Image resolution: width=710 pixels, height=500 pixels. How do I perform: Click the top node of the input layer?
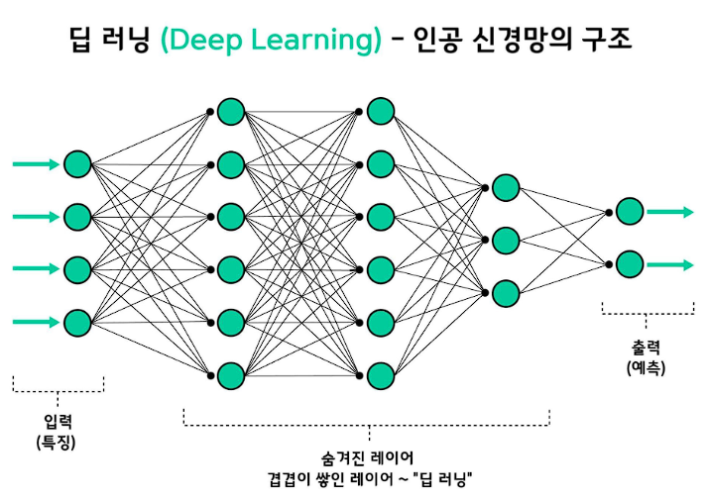pyautogui.click(x=77, y=163)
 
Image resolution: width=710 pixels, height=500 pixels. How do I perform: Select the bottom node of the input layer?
pyautogui.click(x=77, y=322)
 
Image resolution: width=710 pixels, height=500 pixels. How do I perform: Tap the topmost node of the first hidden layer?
pyautogui.click(x=231, y=110)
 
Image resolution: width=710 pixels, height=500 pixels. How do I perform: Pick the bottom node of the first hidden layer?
pyautogui.click(x=231, y=375)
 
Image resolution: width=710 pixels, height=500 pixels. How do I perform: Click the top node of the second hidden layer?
pyautogui.click(x=381, y=110)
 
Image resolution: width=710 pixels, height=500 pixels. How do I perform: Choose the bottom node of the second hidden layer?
pyautogui.click(x=381, y=375)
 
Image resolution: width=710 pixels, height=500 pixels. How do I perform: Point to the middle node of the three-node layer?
pyautogui.click(x=506, y=241)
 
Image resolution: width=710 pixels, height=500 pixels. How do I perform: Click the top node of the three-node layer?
pyautogui.click(x=506, y=187)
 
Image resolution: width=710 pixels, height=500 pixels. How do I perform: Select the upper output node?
pyautogui.click(x=629, y=211)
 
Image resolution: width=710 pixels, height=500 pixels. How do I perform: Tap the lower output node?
pyautogui.click(x=629, y=264)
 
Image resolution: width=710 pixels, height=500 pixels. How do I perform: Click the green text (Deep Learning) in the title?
pyautogui.click(x=271, y=41)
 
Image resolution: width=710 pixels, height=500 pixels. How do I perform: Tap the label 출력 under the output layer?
pyautogui.click(x=646, y=348)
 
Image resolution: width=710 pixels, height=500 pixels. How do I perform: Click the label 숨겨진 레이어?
pyautogui.click(x=367, y=457)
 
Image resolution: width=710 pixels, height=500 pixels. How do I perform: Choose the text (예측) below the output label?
pyautogui.click(x=646, y=367)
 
